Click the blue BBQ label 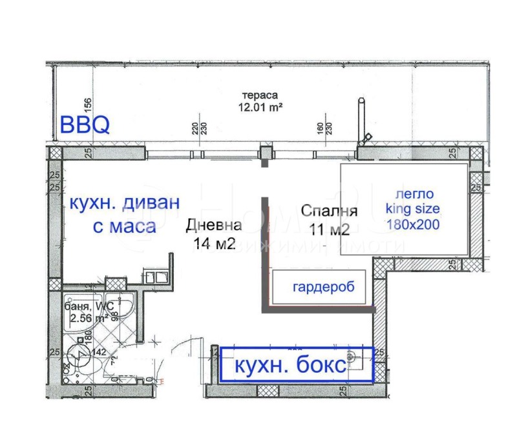[85, 124]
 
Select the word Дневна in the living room [213, 225]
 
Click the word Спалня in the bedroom [329, 211]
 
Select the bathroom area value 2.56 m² [87, 317]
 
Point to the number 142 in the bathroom [98, 352]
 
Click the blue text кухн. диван [123, 203]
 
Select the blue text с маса [123, 226]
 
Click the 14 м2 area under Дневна [214, 243]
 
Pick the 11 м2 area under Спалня [329, 229]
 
